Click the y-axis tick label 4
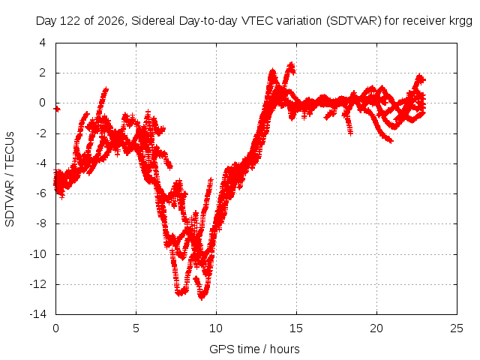point(43,43)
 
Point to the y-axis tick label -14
point(38,314)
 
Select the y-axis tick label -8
point(40,223)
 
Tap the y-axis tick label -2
point(40,133)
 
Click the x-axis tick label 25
point(457,328)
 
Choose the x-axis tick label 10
point(216,328)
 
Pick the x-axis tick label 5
point(136,328)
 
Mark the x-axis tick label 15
point(296,328)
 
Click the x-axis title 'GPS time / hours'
point(254,349)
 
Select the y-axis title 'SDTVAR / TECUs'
point(10,179)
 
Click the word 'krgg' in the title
point(460,21)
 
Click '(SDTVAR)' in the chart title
point(353,21)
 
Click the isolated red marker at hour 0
point(57,109)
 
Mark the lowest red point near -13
point(202,297)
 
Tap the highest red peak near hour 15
point(291,65)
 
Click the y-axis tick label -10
point(38,253)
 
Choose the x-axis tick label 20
point(376,328)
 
